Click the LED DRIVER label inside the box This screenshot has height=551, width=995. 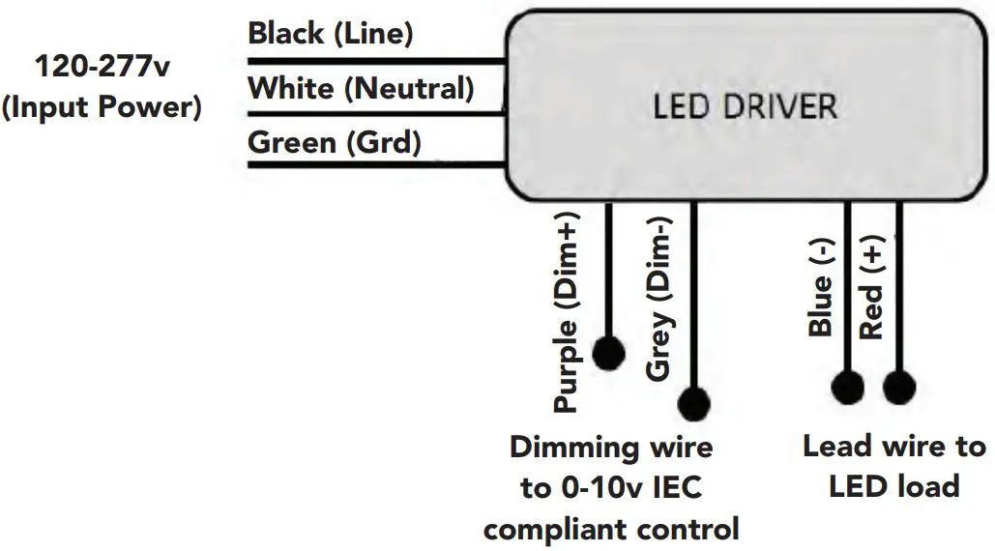click(x=745, y=105)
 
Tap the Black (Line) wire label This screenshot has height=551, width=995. click(x=331, y=34)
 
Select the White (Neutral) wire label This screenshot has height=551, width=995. click(x=361, y=89)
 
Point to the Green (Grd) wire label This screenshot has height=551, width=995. click(x=335, y=143)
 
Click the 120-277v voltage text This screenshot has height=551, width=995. click(x=102, y=68)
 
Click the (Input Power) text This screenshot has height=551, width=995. click(x=102, y=106)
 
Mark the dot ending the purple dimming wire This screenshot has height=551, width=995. click(x=608, y=354)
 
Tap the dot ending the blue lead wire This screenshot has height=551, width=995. click(x=848, y=388)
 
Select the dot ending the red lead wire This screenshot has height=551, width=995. click(x=899, y=388)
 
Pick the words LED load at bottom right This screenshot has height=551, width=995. click(x=893, y=485)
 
